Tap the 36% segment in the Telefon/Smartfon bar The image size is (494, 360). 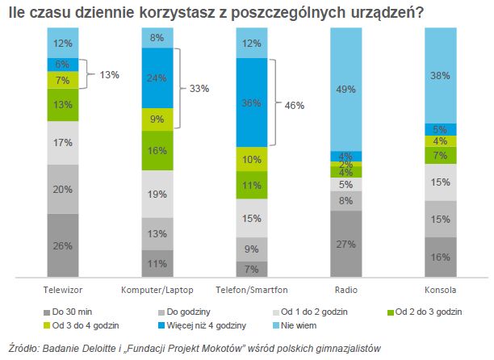[x=252, y=103]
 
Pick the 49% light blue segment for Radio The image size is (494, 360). [x=347, y=89]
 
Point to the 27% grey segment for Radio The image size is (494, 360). [x=347, y=244]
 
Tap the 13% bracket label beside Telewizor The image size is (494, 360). [x=109, y=74]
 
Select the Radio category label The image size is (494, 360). [x=347, y=288]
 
